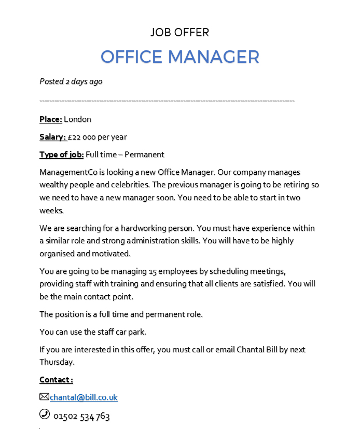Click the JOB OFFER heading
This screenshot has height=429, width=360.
[x=179, y=33]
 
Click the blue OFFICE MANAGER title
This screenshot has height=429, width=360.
[x=179, y=57]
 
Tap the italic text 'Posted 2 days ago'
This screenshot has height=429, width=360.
[x=71, y=81]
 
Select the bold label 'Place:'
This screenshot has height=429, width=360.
[x=51, y=119]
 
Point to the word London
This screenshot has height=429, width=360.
[x=77, y=119]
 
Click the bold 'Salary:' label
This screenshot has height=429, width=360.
[x=53, y=137]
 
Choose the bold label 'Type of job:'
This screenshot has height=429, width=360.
[x=61, y=154]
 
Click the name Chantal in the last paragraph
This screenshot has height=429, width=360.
[x=252, y=350]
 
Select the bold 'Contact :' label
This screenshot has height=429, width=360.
[x=56, y=380]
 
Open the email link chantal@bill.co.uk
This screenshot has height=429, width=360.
[x=84, y=397]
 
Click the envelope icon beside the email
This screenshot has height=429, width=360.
[x=44, y=397]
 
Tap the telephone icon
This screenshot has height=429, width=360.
[x=45, y=414]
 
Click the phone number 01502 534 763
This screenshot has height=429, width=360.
[x=81, y=416]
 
